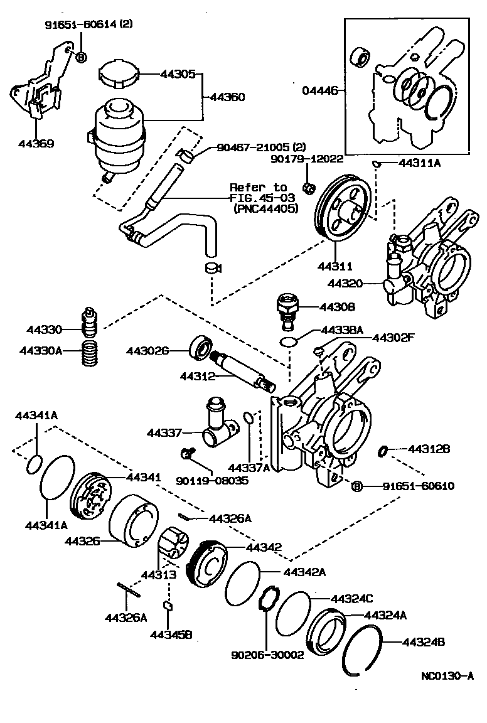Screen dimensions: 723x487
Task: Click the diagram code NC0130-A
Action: point(447,676)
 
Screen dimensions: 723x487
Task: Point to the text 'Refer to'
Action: point(258,188)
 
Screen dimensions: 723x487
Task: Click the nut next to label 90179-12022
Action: point(308,186)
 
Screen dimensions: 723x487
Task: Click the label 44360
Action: point(227,97)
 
